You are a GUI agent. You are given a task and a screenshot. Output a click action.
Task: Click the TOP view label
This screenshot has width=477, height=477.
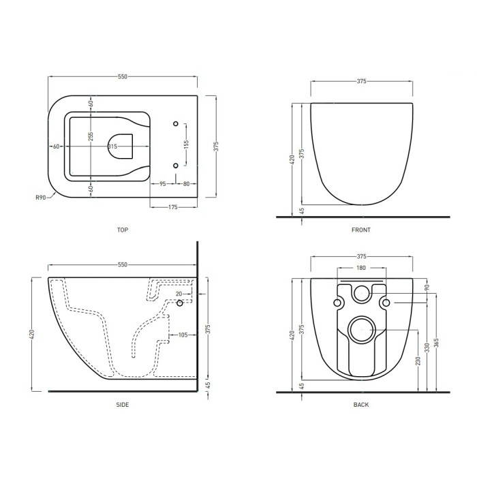click(123, 230)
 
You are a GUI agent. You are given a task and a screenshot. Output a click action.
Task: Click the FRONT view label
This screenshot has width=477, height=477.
click(361, 230)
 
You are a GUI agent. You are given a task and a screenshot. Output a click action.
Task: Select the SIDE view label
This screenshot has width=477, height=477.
click(123, 405)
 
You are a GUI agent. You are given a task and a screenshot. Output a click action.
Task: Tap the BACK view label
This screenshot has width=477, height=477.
click(361, 405)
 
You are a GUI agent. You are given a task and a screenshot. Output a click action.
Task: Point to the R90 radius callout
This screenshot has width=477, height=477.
click(41, 198)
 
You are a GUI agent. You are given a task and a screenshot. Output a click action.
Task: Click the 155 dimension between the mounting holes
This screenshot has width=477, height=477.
click(187, 144)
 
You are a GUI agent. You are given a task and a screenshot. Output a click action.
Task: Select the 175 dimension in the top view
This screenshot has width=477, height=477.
click(173, 207)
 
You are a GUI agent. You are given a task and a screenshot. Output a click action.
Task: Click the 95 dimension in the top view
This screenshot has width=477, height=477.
click(163, 184)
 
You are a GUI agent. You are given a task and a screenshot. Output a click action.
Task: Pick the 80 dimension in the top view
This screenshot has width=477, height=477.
click(187, 184)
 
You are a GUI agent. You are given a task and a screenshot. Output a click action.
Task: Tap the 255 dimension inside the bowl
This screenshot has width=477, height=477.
click(91, 137)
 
